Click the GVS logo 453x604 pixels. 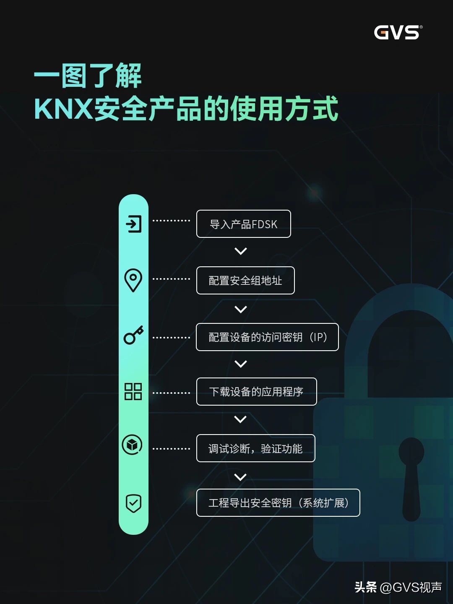[x=398, y=32]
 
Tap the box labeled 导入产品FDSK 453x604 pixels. [x=243, y=224]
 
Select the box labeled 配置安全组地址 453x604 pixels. [x=245, y=281]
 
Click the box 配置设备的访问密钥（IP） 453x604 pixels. [x=267, y=337]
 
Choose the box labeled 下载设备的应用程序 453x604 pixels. [x=256, y=392]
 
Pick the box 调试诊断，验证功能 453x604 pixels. [x=255, y=448]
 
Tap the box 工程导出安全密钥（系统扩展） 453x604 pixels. [x=278, y=503]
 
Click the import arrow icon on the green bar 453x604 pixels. [x=134, y=224]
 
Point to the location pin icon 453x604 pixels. [x=133, y=280]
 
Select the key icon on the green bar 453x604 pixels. [x=133, y=336]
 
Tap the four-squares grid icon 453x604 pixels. [x=133, y=391]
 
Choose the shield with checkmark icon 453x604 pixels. [x=133, y=503]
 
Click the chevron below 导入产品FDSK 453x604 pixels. [x=241, y=251]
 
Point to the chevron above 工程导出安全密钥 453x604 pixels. [x=240, y=477]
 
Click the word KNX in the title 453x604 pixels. [x=63, y=109]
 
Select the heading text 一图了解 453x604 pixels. [x=88, y=76]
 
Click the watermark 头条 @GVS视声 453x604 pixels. [x=398, y=587]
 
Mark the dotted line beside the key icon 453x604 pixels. [x=171, y=337]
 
